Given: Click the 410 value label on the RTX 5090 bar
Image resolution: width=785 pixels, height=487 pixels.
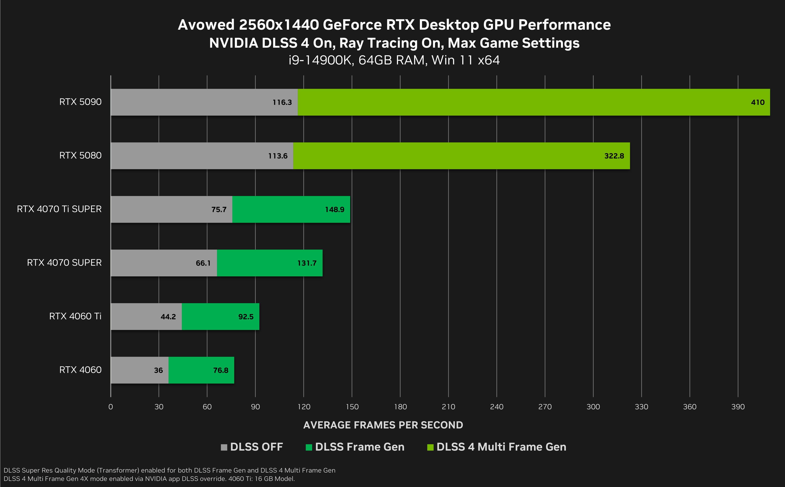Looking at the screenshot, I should [757, 102].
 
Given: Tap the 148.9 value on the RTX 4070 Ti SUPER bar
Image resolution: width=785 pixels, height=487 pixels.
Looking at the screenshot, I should [335, 210].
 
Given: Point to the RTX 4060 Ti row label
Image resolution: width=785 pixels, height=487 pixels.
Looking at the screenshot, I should [75, 316].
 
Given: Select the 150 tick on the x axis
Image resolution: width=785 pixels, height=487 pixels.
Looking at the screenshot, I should [352, 407].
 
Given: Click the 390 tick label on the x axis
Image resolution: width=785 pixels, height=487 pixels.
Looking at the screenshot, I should [738, 407].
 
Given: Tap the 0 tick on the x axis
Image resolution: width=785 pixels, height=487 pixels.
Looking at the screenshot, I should [110, 407].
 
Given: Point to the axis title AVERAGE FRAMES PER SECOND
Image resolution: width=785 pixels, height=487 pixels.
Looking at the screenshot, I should [383, 425].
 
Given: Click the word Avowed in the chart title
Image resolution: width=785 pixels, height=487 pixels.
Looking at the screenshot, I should [206, 25].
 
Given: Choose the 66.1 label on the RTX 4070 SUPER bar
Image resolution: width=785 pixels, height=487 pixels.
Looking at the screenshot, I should [203, 263].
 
